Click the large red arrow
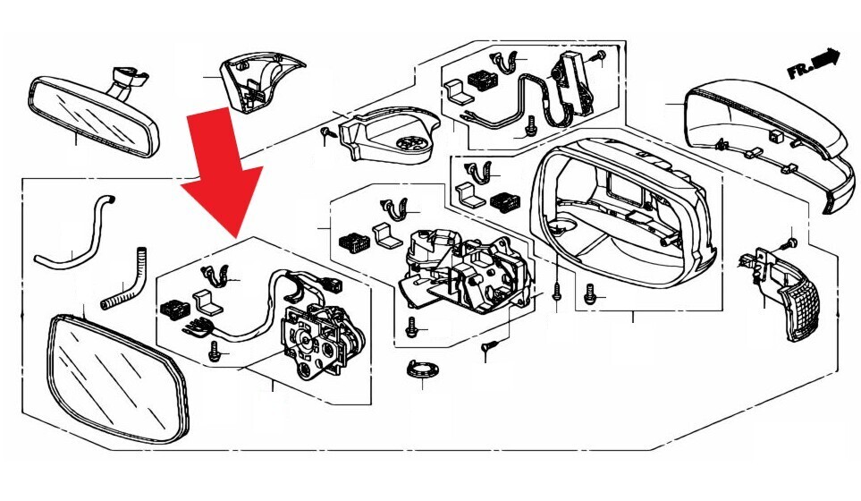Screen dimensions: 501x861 coord(222,166)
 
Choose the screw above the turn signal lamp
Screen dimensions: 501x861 coord(790,242)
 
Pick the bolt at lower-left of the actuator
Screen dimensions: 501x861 coord(215,354)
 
